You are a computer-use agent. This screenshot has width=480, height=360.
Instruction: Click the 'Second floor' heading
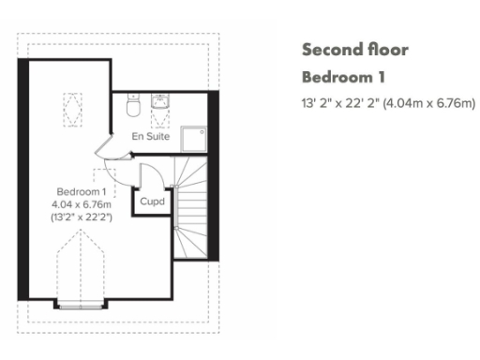pyautogui.click(x=354, y=50)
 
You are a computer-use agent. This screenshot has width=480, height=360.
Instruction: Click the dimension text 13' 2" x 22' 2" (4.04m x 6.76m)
pyautogui.click(x=388, y=103)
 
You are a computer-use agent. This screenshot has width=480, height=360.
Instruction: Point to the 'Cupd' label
pyautogui.click(x=151, y=202)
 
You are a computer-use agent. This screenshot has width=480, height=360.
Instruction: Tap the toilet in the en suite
pyautogui.click(x=133, y=107)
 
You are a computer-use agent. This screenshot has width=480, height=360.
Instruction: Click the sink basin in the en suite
pyautogui.click(x=158, y=103)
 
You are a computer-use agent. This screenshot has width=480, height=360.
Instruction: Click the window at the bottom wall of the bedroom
pyautogui.click(x=82, y=302)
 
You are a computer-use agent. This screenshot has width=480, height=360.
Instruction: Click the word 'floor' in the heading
pyautogui.click(x=389, y=50)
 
